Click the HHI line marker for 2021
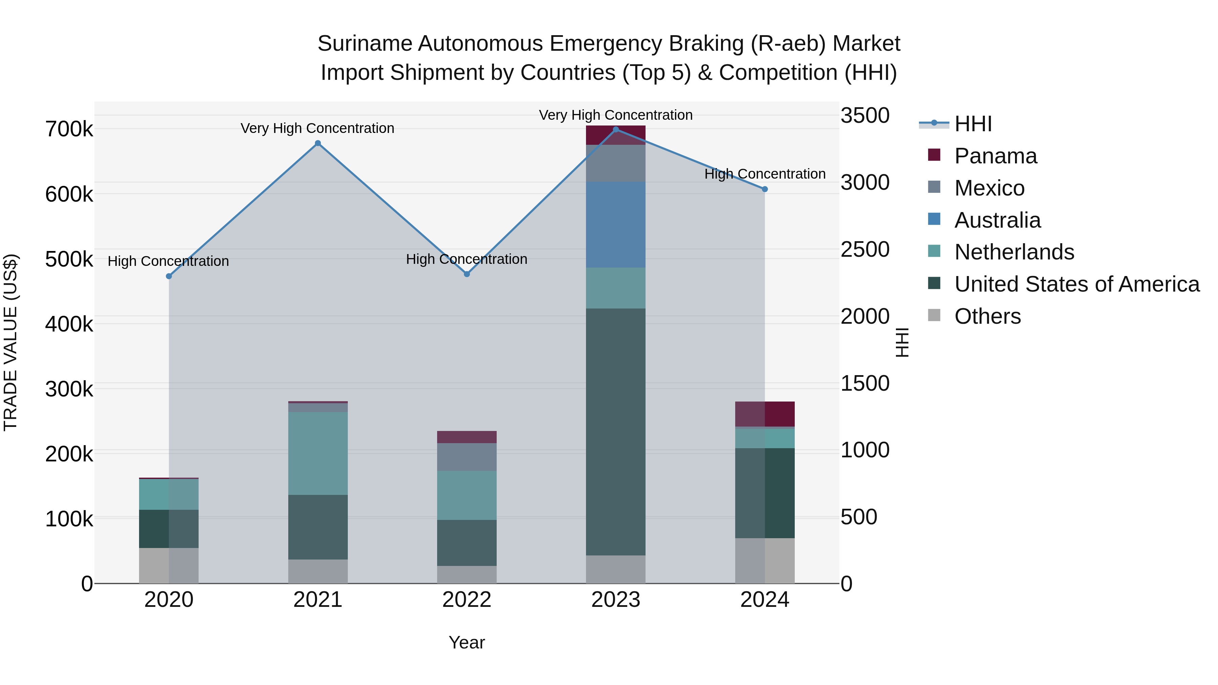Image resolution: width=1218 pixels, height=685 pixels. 318,143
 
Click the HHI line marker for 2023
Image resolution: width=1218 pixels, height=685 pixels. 616,130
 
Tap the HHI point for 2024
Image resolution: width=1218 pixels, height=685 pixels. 765,189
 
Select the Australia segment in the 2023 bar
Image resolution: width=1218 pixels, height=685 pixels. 616,225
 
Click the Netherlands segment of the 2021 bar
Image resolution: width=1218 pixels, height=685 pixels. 318,453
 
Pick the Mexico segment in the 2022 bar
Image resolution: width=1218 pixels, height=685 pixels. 467,457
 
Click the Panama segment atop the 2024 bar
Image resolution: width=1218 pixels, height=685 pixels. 765,414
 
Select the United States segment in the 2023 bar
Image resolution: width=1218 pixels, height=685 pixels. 616,431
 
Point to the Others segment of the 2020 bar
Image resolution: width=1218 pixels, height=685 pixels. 169,565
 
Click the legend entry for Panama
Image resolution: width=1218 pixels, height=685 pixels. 995,156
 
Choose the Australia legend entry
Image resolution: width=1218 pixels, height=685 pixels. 997,220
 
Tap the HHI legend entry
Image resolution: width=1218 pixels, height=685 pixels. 973,124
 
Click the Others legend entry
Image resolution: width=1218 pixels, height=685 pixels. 987,316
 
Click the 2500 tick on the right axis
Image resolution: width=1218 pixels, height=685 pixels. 865,250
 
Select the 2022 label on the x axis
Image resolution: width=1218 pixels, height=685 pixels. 467,600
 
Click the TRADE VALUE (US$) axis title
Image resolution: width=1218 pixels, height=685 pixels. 10,342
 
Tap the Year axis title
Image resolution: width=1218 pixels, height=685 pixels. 467,642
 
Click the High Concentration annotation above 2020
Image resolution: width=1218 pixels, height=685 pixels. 168,261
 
